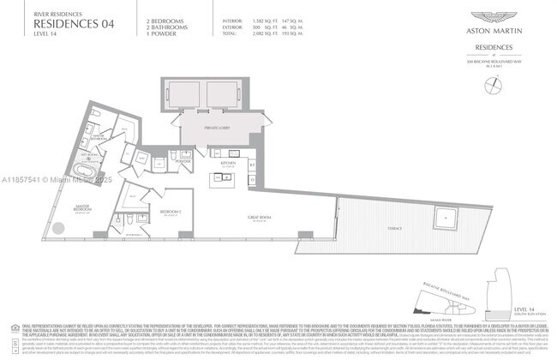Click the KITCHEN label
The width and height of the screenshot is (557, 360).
click(x=228, y=161)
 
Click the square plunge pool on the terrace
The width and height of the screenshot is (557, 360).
click(x=446, y=217)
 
